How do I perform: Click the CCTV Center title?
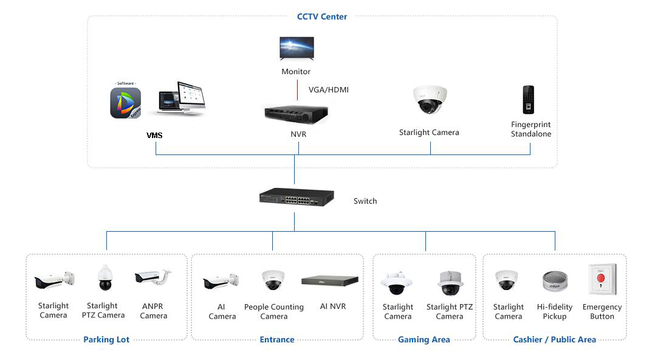click(322, 16)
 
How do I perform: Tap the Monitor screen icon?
click(297, 48)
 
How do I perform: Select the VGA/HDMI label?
click(329, 89)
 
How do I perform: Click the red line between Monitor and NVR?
click(297, 90)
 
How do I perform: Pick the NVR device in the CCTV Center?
click(297, 114)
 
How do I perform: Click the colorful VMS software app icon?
click(126, 103)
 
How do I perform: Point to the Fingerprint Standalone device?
click(528, 100)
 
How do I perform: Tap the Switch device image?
click(297, 197)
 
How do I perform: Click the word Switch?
click(365, 201)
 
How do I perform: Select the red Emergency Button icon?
click(602, 279)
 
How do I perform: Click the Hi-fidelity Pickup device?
click(555, 281)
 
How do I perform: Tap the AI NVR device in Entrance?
click(330, 280)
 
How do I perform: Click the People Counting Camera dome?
click(273, 280)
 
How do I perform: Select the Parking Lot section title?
click(106, 339)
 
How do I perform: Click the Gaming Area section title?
click(424, 339)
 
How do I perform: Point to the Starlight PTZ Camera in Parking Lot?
click(105, 277)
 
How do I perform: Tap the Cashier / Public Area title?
click(554, 339)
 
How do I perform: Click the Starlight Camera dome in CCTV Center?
click(430, 100)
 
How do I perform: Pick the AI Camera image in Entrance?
click(221, 281)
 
